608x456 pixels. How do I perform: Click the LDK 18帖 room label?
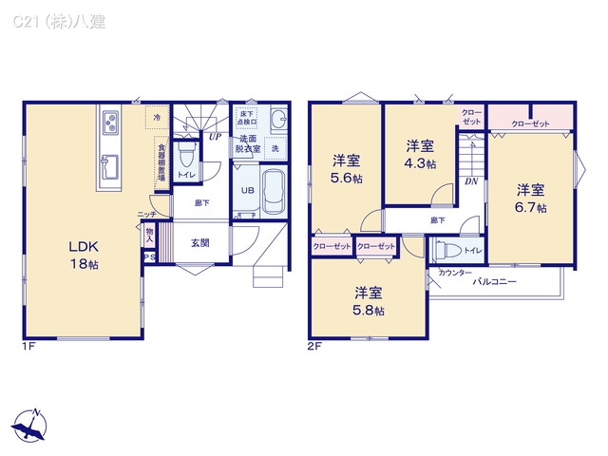click(82, 255)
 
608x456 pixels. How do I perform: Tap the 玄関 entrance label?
click(199, 242)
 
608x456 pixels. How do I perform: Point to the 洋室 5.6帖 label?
click(346, 168)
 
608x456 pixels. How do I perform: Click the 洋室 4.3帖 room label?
click(421, 154)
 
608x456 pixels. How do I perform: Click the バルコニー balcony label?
click(496, 281)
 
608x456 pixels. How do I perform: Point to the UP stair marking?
click(215, 136)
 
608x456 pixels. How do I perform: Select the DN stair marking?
click(470, 180)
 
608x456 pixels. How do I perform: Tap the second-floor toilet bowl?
click(450, 251)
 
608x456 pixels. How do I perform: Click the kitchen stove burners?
click(110, 123)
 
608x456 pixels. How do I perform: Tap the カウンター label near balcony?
click(455, 273)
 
